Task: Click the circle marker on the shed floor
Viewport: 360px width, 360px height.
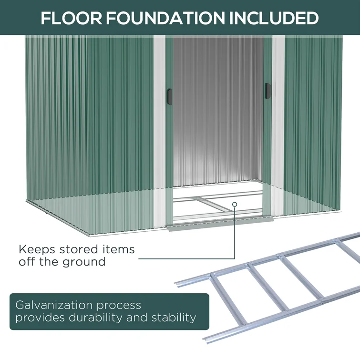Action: tap(235, 204)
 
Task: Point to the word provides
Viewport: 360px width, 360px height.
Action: tap(37, 317)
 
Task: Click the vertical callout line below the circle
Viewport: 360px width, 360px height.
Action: tap(235, 234)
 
